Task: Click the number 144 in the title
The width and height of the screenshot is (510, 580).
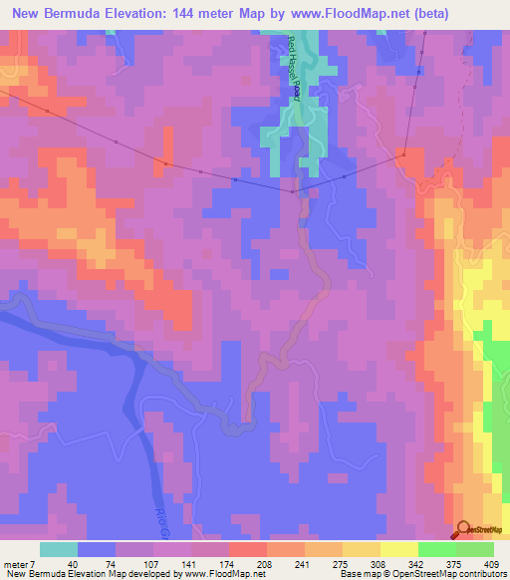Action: [197, 14]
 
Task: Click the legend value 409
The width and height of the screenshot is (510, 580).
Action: [493, 564]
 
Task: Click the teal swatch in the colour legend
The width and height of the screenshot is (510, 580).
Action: [59, 549]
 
